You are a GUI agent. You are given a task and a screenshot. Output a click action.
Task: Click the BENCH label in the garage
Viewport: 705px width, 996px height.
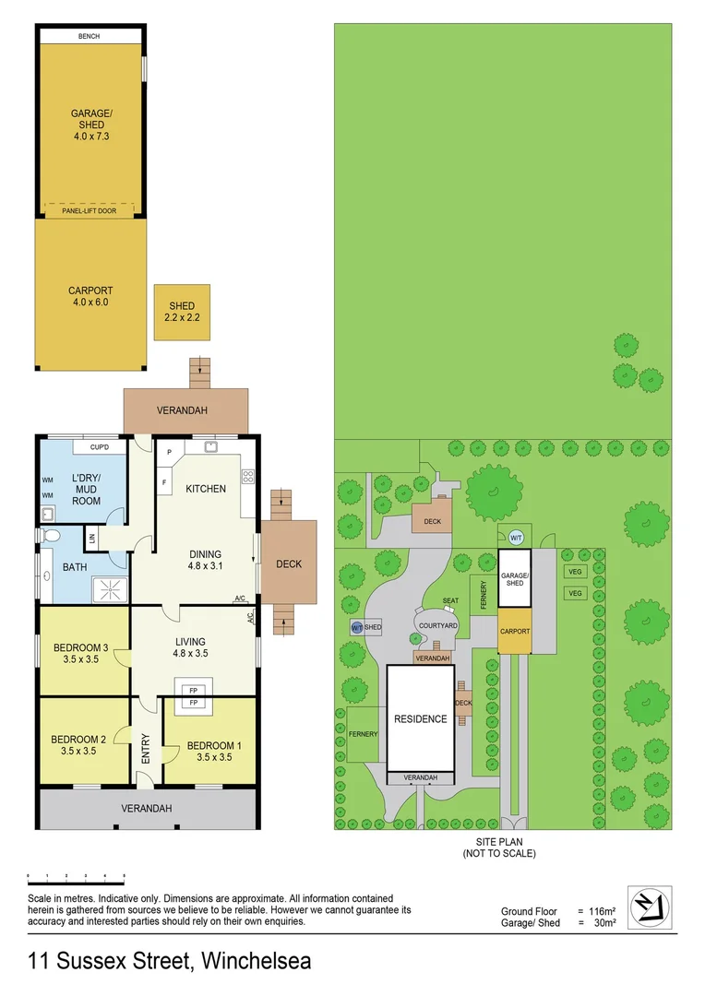(x=90, y=36)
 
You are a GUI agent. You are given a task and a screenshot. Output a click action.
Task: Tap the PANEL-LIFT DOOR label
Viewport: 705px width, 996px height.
(x=90, y=211)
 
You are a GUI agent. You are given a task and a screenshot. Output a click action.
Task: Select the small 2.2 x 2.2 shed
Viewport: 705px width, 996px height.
(x=183, y=312)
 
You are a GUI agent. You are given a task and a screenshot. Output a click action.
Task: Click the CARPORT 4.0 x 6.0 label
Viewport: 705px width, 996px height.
(x=89, y=296)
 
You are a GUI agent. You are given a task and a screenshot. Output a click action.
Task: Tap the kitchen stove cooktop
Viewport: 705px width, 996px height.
(x=247, y=477)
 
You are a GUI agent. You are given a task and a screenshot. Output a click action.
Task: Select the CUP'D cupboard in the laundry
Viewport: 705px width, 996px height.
(x=100, y=447)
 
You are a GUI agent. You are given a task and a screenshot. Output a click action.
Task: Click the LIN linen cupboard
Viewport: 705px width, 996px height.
(x=91, y=537)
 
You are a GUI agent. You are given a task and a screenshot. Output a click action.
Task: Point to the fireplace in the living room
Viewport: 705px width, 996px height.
(x=194, y=695)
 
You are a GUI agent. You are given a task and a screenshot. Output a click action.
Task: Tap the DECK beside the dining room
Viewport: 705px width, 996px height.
(x=289, y=564)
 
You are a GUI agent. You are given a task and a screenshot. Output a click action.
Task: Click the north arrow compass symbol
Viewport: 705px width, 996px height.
(x=650, y=907)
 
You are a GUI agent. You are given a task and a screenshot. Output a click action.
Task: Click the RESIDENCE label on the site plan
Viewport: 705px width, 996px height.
(x=421, y=719)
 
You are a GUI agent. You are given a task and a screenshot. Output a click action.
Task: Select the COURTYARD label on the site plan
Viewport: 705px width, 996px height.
(x=438, y=625)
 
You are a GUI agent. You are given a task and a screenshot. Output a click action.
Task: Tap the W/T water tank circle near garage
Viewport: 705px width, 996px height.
(x=516, y=537)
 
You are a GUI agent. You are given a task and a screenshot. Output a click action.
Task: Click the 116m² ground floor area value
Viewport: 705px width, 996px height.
(x=603, y=910)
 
